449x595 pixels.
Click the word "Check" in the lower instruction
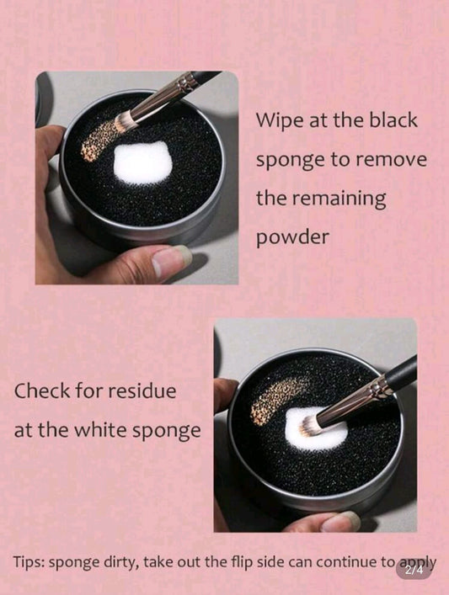pyautogui.click(x=41, y=391)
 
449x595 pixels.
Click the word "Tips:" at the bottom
pyautogui.click(x=31, y=561)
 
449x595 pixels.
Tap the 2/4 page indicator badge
pyautogui.click(x=414, y=570)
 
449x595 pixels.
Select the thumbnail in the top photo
pyautogui.click(x=173, y=263)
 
